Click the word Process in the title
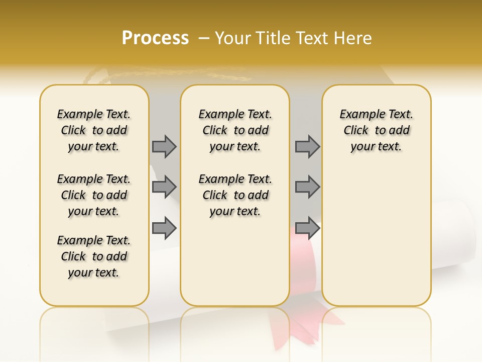point(155,38)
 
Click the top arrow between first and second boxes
point(164,146)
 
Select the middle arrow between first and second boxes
point(164,187)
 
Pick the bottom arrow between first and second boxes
point(164,228)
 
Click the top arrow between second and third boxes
point(307,146)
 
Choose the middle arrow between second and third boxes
point(307,187)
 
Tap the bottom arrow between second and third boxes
point(307,228)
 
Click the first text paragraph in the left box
point(94,130)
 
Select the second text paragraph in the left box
point(94,195)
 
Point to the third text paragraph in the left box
point(94,256)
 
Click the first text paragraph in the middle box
point(235,130)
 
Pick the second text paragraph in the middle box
point(235,195)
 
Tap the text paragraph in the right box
point(376,130)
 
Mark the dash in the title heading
point(204,38)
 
